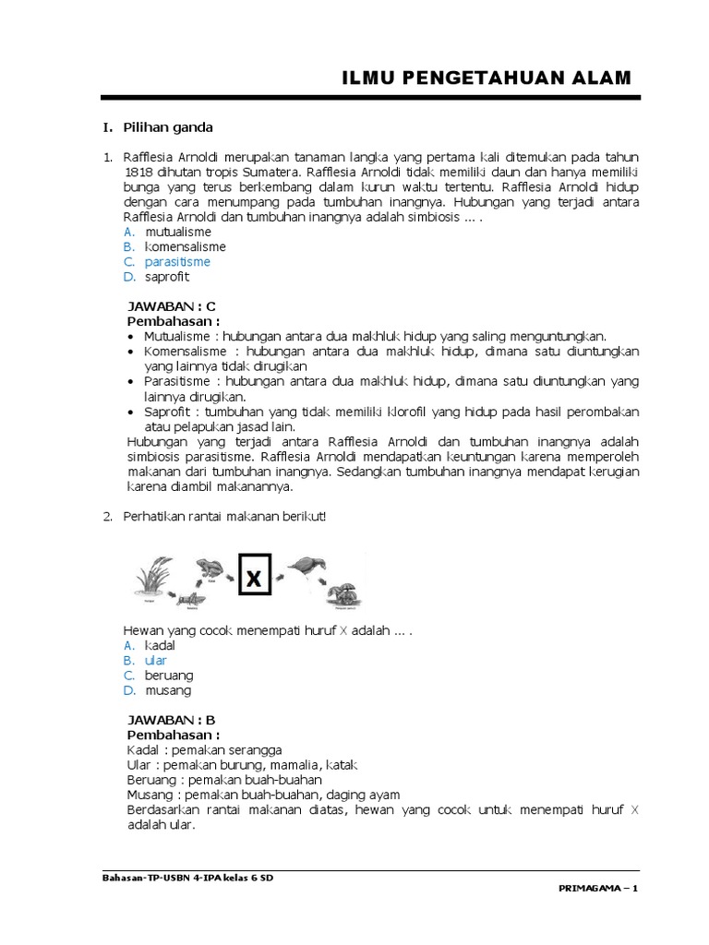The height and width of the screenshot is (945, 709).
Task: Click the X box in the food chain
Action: pyautogui.click(x=254, y=579)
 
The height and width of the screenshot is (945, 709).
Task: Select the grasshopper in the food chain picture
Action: pyautogui.click(x=189, y=599)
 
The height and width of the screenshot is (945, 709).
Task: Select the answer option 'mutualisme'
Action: pyautogui.click(x=178, y=232)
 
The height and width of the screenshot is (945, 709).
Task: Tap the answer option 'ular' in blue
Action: pyautogui.click(x=154, y=661)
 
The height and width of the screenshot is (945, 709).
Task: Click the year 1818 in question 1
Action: pyautogui.click(x=140, y=172)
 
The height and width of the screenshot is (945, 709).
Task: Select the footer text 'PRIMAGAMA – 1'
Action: pyautogui.click(x=598, y=889)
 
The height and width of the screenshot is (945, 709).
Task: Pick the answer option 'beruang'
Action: pyautogui.click(x=170, y=676)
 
